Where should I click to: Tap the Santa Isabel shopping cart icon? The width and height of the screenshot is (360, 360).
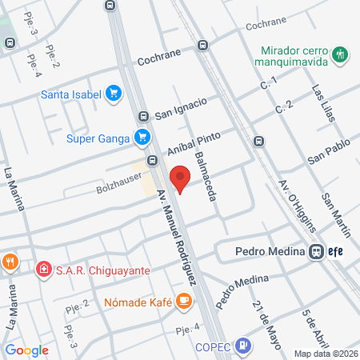click(x=114, y=94)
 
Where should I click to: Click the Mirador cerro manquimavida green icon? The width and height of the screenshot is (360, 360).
click(x=342, y=54)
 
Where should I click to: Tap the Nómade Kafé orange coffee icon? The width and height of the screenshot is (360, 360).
click(x=184, y=302)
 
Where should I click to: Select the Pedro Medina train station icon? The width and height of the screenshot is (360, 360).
click(x=317, y=251)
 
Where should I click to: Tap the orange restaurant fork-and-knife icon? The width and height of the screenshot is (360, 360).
click(x=10, y=261)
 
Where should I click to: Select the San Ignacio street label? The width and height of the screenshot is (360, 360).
click(x=181, y=107)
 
